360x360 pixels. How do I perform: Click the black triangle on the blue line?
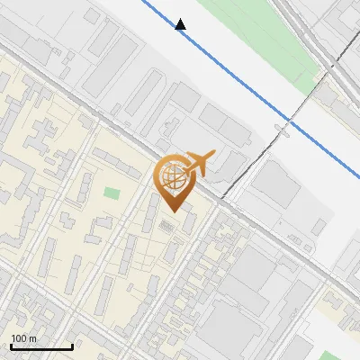point(181,24)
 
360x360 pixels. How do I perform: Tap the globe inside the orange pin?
point(173,177)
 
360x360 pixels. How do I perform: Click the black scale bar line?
point(41,346)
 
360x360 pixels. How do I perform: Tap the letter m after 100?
point(33,338)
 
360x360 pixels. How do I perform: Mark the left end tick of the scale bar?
point(11,345)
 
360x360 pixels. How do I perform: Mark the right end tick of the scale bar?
point(72,345)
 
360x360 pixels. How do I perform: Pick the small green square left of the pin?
point(112,193)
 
